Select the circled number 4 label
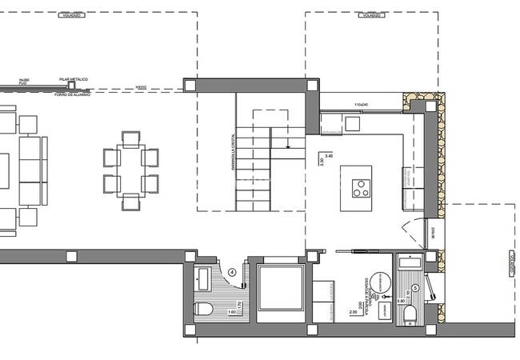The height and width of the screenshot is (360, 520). click(232, 271)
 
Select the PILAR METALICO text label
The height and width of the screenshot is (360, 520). click(73, 80)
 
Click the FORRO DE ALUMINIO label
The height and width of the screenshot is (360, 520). click(73, 94)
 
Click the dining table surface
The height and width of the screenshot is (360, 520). click(130, 170)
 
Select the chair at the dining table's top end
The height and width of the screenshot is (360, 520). click(130, 137)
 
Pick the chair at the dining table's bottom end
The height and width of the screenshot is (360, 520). click(130, 203)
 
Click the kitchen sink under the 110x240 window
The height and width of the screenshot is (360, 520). click(353, 122)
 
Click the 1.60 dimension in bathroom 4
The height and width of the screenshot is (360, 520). click(234, 312)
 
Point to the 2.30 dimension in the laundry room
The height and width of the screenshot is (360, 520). click(354, 313)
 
